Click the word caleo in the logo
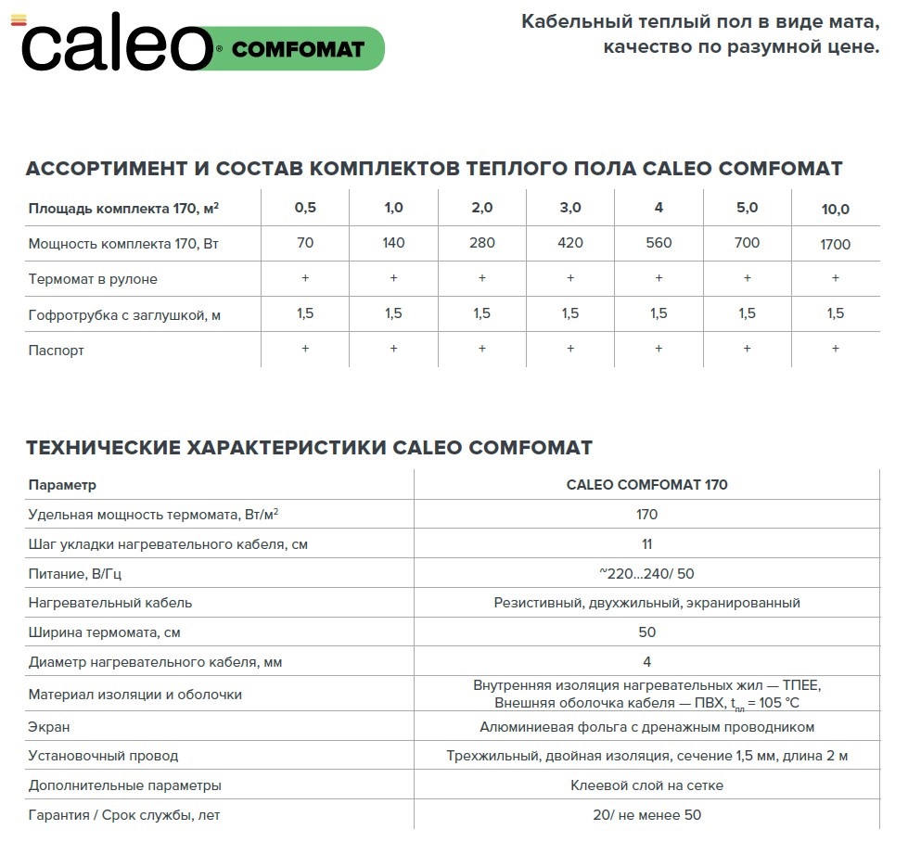coord(116,46)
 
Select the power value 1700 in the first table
coord(835,245)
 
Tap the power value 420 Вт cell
coord(570,243)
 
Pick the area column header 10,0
coord(835,210)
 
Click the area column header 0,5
coord(305,208)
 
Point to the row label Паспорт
coord(57,351)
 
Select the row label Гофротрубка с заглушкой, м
coord(124,315)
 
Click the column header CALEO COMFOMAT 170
coord(646,485)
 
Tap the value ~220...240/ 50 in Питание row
coord(646,574)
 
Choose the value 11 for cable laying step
coord(646,544)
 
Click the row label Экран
coord(49,727)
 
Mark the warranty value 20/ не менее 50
coord(646,815)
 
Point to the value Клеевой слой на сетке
coord(646,785)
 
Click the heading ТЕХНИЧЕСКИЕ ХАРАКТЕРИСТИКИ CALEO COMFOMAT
coord(309,448)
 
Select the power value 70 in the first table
coord(305,243)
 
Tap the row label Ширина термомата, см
coord(105,632)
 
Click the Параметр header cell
coord(62,485)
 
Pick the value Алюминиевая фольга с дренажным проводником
coord(646,727)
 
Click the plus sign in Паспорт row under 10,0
coord(835,349)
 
